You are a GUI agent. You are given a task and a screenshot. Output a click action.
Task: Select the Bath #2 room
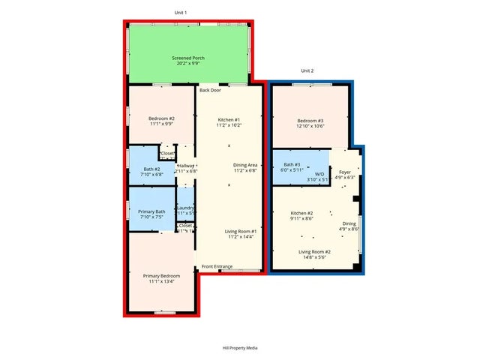(x=153, y=171)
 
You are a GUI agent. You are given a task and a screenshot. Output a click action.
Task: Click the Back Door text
(x=210, y=90)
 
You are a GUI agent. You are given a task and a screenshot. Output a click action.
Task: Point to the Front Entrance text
(x=217, y=266)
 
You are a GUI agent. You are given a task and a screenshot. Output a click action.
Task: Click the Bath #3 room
(x=292, y=167)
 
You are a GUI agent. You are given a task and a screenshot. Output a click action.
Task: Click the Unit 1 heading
(x=181, y=13)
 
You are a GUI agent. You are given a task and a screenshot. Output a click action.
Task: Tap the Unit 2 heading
(x=307, y=70)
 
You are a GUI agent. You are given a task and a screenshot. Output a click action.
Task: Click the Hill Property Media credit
(x=240, y=347)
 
